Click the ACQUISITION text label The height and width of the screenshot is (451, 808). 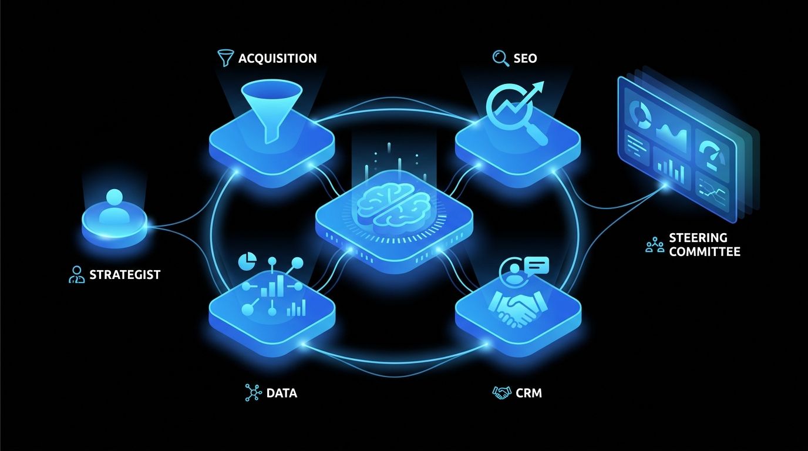(x=277, y=59)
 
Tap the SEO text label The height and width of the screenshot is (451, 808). (x=525, y=59)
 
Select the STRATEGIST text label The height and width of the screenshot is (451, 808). (x=125, y=275)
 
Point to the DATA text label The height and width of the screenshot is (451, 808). (x=282, y=393)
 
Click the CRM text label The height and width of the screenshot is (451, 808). (x=529, y=393)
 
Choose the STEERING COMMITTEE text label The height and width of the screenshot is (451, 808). (x=705, y=245)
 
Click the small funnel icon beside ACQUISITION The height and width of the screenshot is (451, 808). (x=226, y=58)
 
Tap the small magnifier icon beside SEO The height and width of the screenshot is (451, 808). (x=501, y=58)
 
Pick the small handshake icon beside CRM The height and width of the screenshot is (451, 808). (x=501, y=393)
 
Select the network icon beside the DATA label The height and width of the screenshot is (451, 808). (x=253, y=392)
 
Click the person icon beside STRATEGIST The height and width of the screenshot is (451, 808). (x=76, y=275)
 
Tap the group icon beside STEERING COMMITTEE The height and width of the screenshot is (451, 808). (x=655, y=245)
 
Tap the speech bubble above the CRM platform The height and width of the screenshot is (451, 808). (x=537, y=266)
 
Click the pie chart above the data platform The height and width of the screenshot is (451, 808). (x=247, y=261)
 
